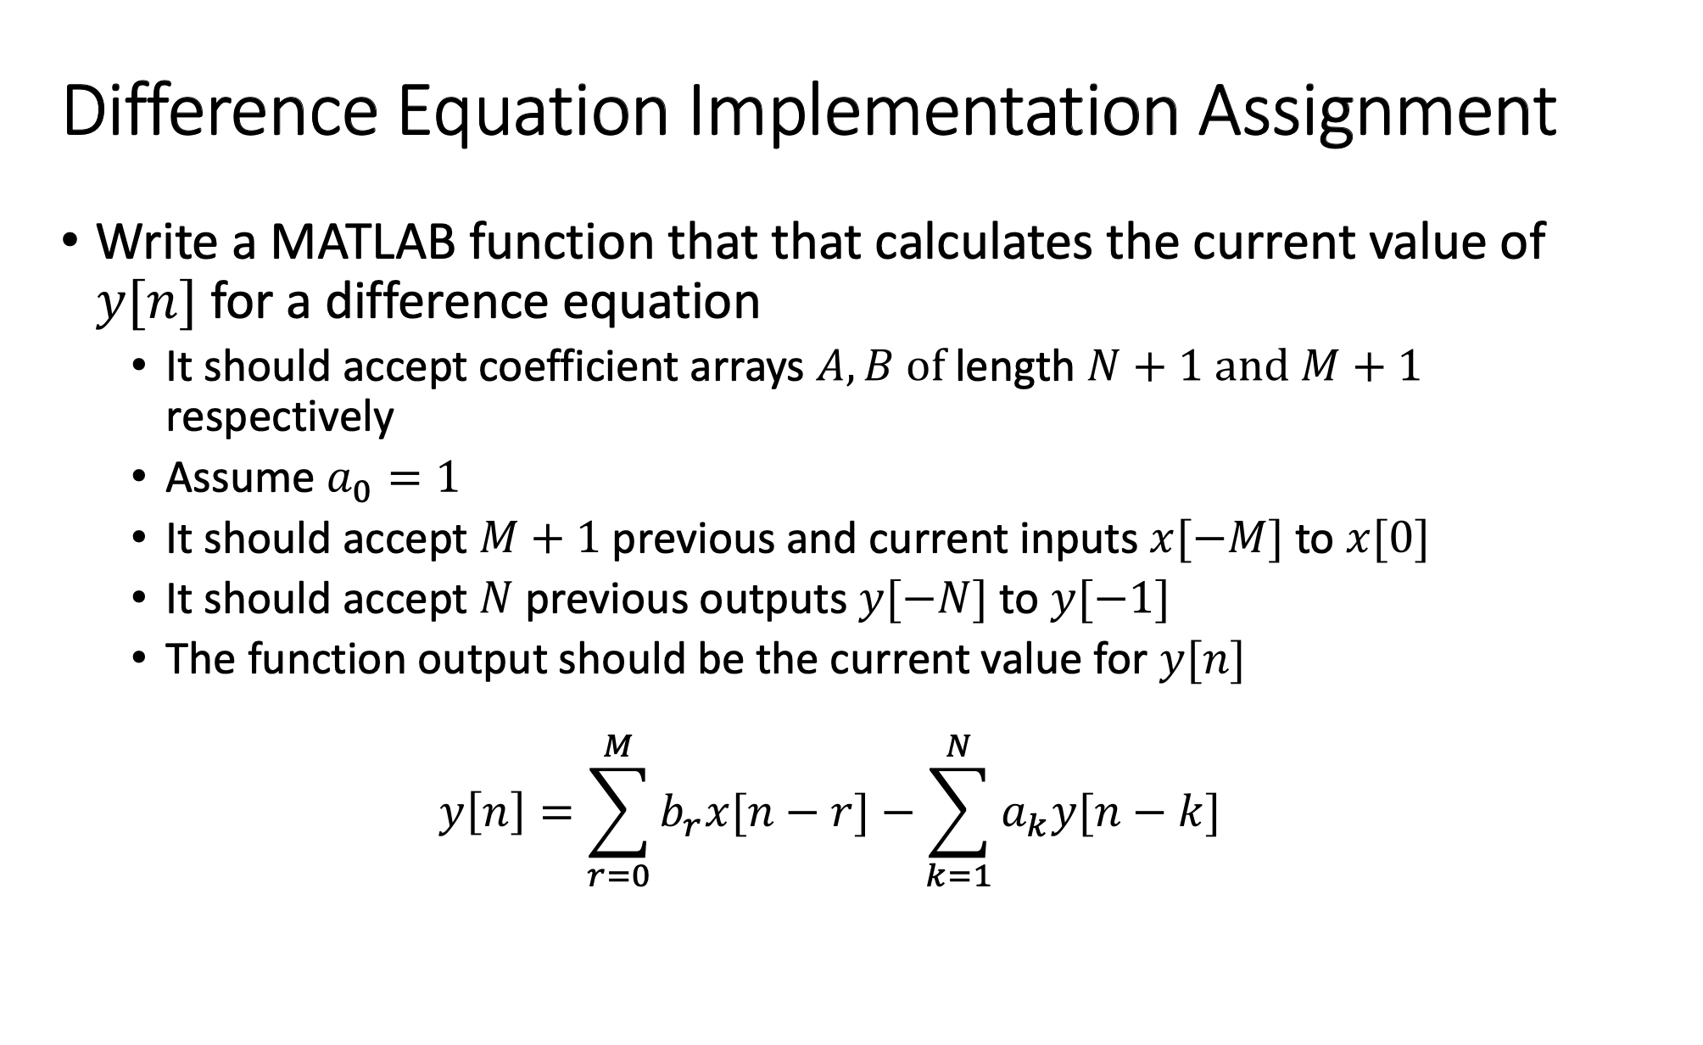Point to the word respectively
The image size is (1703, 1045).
[280, 417]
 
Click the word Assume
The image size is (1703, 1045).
[239, 478]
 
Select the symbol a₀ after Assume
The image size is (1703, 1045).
[349, 481]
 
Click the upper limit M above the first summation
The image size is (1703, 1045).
[617, 746]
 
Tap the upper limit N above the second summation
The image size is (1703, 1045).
[958, 746]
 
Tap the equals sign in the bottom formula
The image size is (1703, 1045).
[556, 815]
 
